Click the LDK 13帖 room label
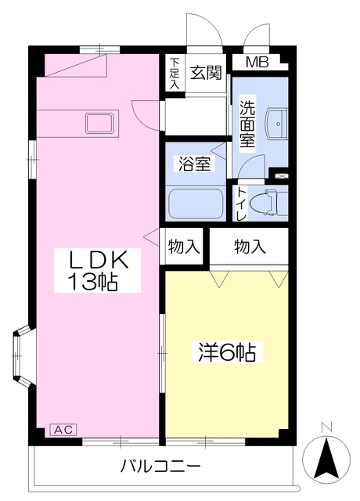point(97,270)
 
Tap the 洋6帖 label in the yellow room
point(224,352)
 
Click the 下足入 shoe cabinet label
point(174,75)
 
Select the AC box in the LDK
point(63,429)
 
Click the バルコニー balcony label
point(160,467)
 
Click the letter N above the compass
point(329,427)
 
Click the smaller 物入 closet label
point(184,247)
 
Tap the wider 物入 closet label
point(250,247)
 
